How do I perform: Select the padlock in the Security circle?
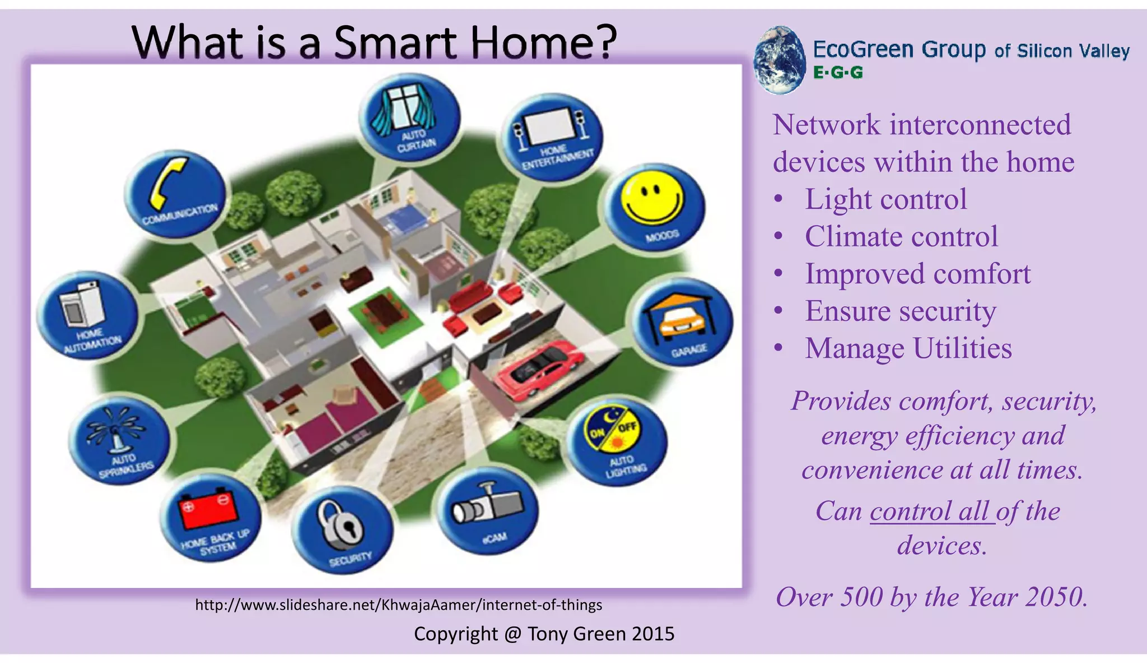341,525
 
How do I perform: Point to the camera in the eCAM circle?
486,503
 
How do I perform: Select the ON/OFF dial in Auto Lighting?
612,430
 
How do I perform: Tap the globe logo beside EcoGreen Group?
778,59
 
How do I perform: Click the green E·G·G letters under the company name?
838,73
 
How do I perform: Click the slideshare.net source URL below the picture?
398,605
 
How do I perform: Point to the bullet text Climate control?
901,236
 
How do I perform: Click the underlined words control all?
932,511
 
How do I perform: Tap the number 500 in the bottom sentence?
861,597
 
